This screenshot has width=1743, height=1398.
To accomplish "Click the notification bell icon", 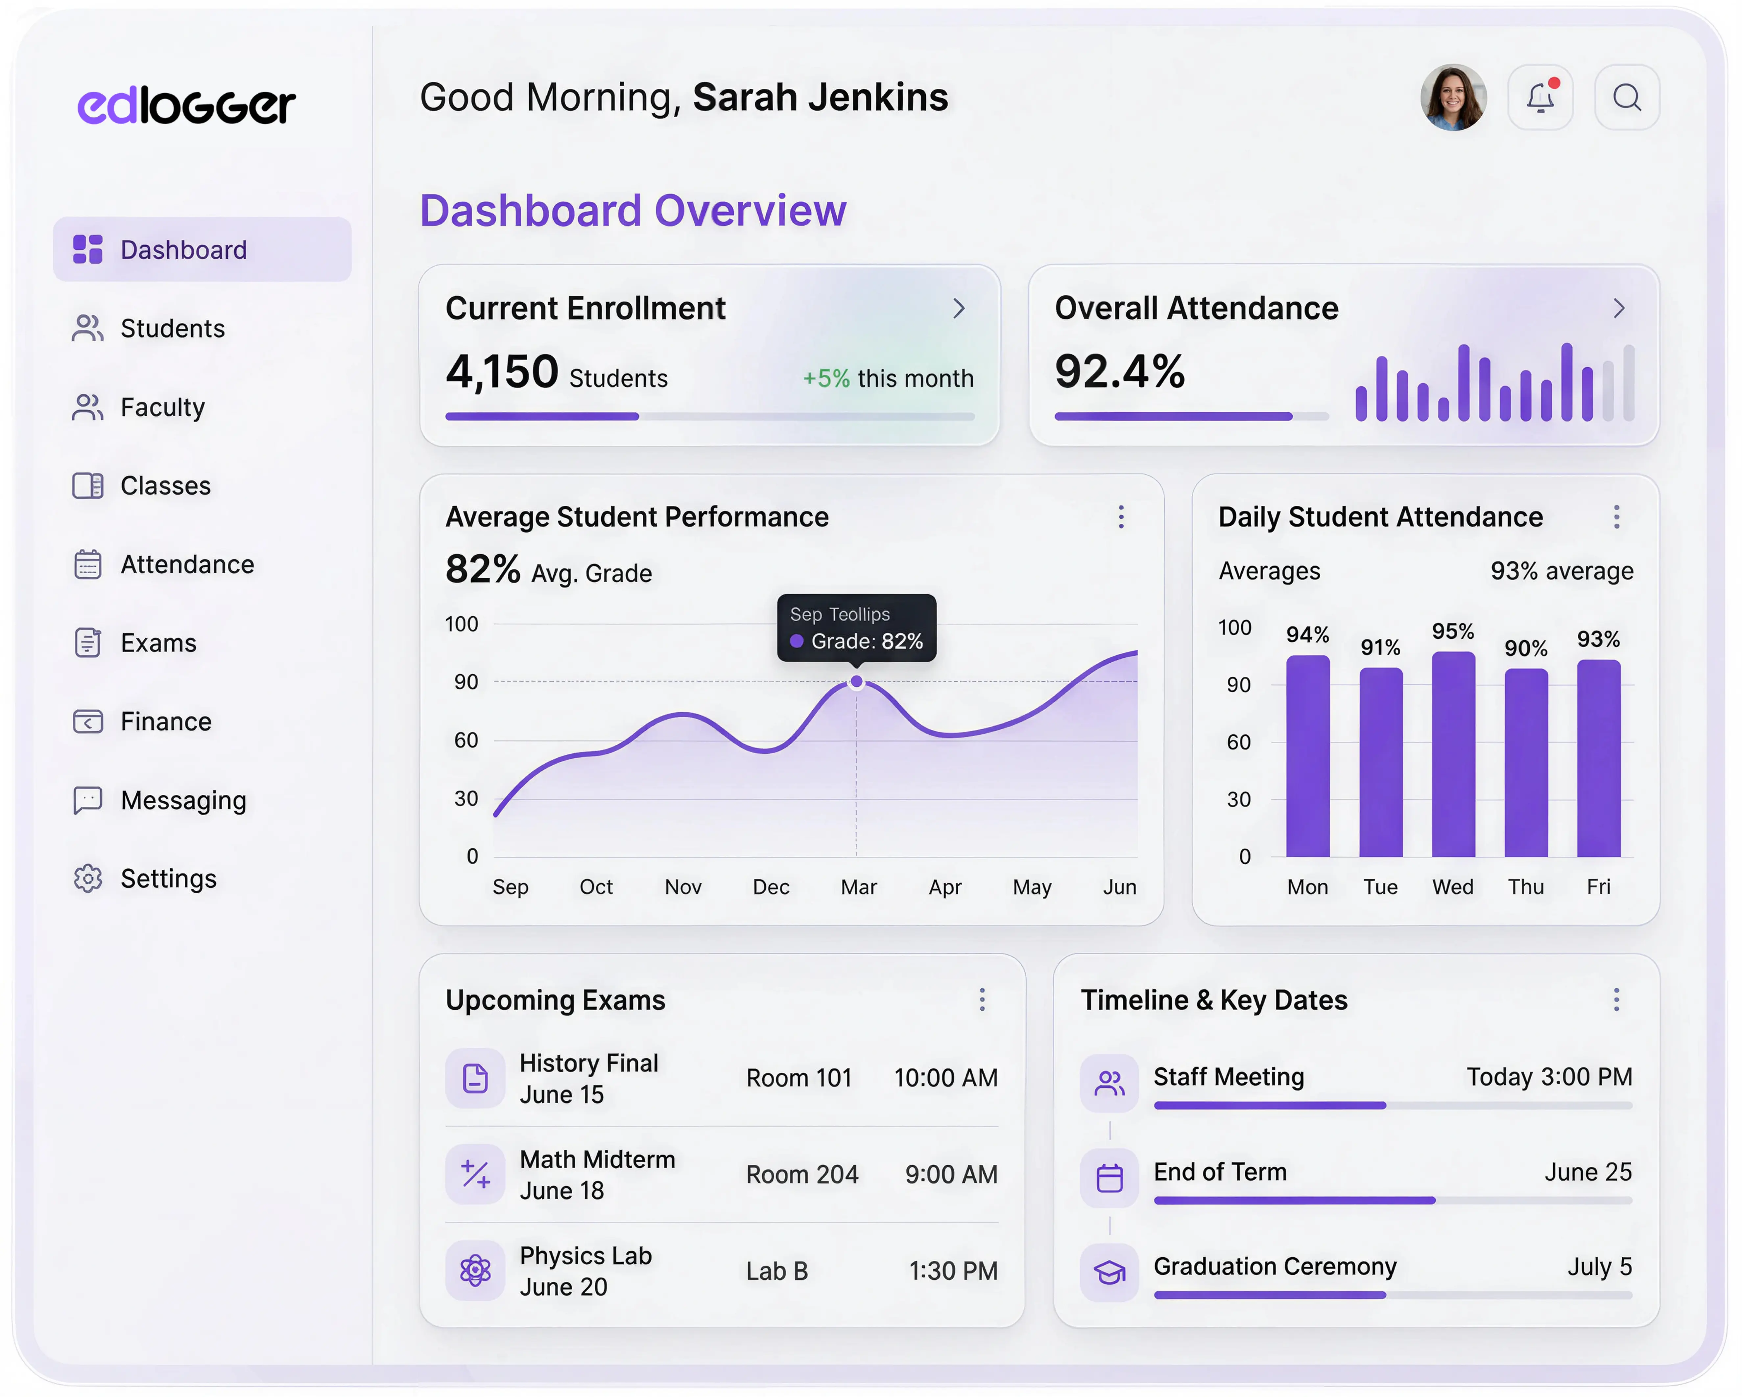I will tap(1540, 98).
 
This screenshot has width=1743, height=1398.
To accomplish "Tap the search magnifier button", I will tap(1627, 98).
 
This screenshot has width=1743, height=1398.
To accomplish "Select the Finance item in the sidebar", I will tap(166, 722).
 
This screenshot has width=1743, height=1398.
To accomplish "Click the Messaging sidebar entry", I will tap(183, 800).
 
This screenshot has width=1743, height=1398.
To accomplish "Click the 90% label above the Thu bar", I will tap(1525, 648).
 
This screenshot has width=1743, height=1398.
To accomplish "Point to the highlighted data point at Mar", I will tap(856, 682).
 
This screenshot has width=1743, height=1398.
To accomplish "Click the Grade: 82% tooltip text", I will tap(867, 642).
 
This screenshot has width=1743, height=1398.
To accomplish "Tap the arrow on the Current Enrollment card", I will tap(959, 308).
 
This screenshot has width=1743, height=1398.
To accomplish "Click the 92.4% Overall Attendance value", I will tap(1119, 372).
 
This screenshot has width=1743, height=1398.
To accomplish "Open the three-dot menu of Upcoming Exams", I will tap(982, 999).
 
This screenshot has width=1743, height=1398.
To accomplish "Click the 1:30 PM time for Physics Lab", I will tap(953, 1271).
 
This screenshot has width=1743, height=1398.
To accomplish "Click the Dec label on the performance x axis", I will tap(771, 887).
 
